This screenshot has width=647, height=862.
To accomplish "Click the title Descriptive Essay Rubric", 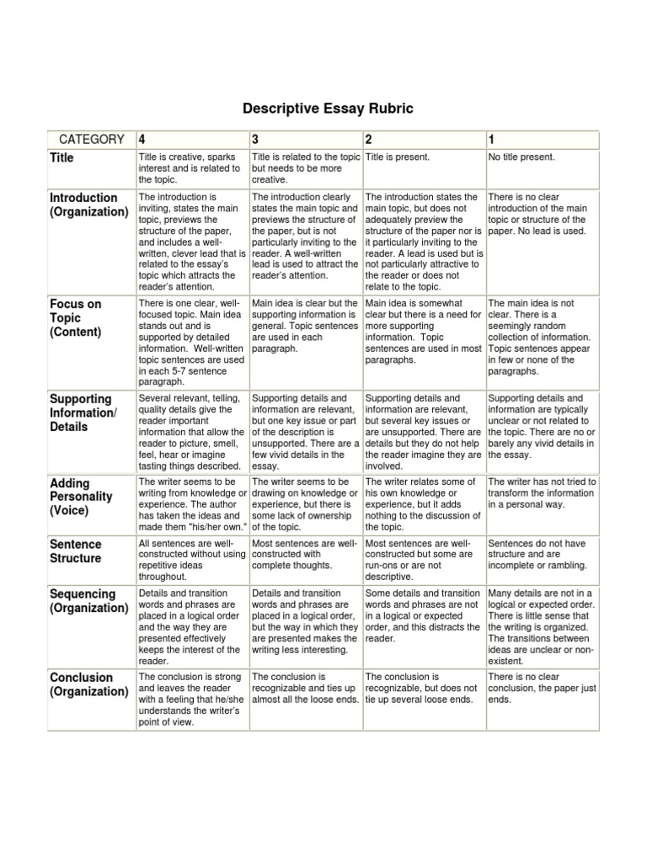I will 323,109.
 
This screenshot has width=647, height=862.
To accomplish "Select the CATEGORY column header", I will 91,139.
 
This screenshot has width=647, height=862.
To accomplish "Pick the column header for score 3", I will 255,139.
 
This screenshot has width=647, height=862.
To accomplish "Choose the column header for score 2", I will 369,139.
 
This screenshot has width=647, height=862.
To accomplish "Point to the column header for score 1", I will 492,139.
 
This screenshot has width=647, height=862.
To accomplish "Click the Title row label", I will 61,157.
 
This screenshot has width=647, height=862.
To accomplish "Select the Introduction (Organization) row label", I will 88,205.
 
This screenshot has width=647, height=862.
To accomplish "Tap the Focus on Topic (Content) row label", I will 75,318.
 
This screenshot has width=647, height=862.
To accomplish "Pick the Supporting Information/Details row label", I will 82,412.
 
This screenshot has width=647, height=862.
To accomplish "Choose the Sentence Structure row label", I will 75,551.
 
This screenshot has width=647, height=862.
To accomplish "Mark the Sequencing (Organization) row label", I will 88,601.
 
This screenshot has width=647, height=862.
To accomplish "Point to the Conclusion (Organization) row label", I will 88,684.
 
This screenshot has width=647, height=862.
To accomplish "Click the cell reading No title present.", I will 521,157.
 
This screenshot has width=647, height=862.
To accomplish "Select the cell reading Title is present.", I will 397,157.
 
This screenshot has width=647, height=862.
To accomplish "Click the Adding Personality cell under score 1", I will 542,492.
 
